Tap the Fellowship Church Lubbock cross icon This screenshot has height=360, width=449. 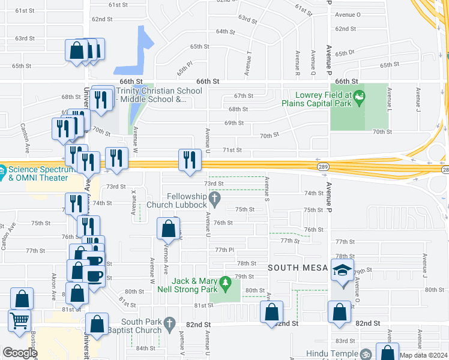coord(214,197)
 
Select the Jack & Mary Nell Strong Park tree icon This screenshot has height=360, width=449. coord(225,281)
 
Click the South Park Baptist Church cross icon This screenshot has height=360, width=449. coord(170,325)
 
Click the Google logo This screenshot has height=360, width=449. coord(20,353)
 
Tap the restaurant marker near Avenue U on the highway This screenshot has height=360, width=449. coord(190,160)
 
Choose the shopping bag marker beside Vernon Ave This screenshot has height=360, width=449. coord(168,229)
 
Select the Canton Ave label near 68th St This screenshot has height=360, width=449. coord(25,136)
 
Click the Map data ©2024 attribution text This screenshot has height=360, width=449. coord(423,355)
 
